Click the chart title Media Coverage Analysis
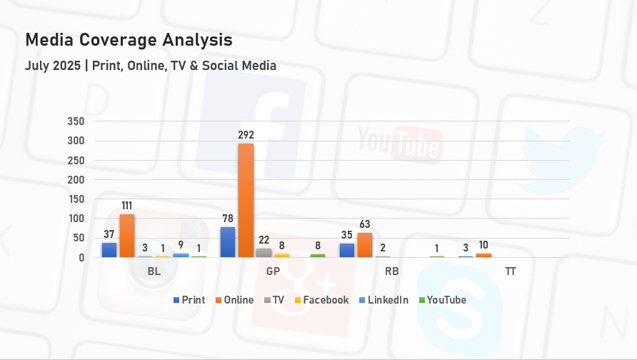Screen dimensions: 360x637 tap(129, 39)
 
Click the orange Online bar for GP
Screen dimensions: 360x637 tap(246, 200)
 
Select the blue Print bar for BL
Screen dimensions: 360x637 tap(109, 250)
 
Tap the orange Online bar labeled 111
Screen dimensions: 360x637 tap(127, 236)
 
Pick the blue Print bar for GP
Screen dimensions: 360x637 tap(228, 242)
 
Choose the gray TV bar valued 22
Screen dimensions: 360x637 tap(264, 253)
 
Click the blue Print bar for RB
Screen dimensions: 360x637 tap(347, 251)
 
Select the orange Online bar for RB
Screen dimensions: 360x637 tap(365, 245)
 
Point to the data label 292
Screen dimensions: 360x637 tap(246, 134)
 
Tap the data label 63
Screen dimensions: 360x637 tap(365, 224)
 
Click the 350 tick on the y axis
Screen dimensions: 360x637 tap(76, 121)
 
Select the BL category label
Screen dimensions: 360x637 tap(154, 272)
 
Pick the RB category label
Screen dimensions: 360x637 tap(391, 272)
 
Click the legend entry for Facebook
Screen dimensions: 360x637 tap(326, 300)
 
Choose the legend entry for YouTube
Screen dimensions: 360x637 tap(446, 300)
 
